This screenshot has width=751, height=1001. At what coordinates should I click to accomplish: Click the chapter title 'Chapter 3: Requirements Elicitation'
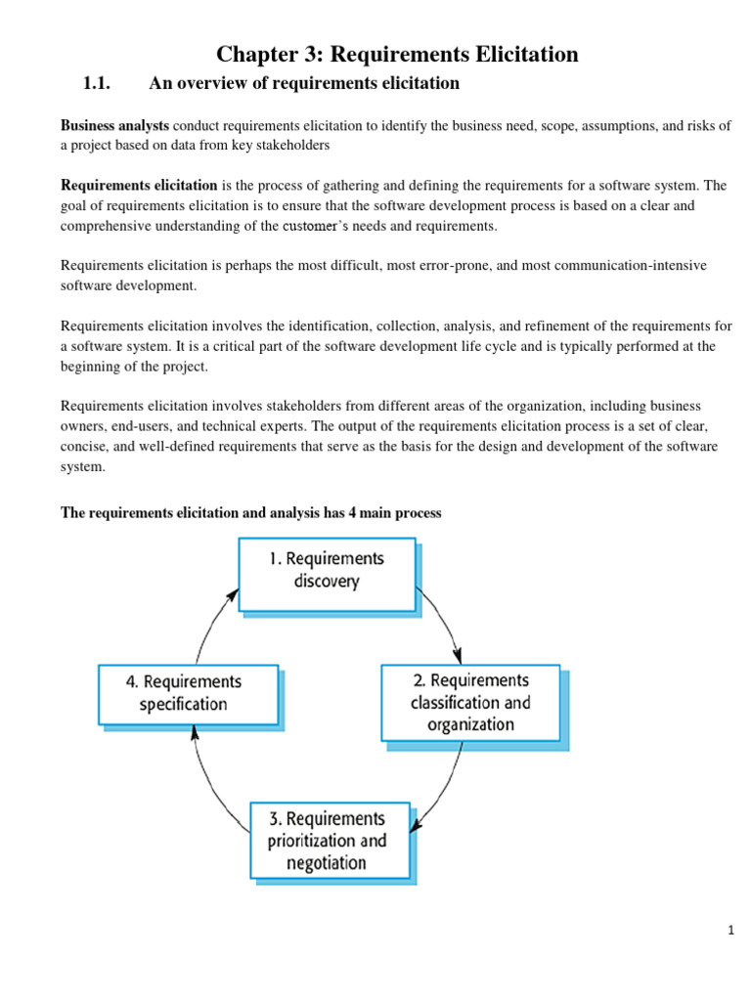(x=397, y=55)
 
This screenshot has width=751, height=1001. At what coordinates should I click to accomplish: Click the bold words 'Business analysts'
(x=114, y=126)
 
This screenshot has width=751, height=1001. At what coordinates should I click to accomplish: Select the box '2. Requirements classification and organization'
(x=470, y=702)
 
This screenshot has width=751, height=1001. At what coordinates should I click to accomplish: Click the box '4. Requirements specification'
(x=188, y=693)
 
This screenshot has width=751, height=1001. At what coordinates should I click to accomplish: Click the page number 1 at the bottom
(x=729, y=931)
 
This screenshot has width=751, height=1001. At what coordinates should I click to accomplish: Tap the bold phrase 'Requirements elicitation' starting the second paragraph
(x=139, y=186)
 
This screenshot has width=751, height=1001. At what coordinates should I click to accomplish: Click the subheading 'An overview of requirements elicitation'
(x=303, y=84)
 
